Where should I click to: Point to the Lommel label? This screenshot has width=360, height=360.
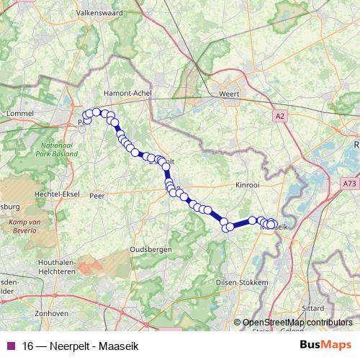pyautogui.click(x=20, y=114)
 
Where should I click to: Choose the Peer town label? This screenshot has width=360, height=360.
pyautogui.click(x=96, y=195)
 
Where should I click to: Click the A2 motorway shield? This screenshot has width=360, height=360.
pyautogui.click(x=280, y=115)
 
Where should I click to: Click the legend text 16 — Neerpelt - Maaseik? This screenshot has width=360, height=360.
pyautogui.click(x=81, y=346)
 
